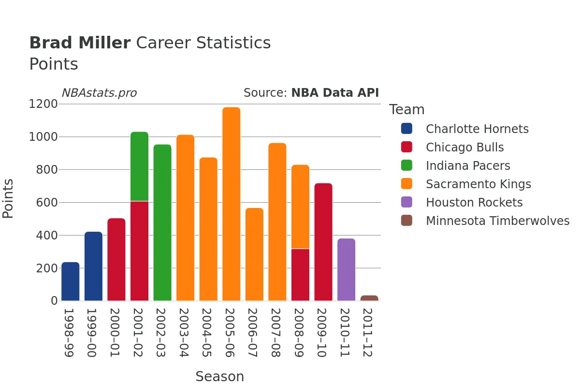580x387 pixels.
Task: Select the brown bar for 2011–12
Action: (369, 298)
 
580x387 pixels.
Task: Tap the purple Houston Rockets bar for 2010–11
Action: (346, 269)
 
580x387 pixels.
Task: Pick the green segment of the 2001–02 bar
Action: (139, 166)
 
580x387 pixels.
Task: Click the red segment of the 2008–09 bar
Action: (300, 275)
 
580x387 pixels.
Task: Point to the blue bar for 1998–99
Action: (71, 282)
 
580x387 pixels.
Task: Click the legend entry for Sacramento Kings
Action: (478, 184)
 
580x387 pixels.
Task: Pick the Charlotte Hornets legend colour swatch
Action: (407, 129)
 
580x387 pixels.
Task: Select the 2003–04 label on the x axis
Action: (185, 333)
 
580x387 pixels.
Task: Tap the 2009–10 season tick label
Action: (323, 333)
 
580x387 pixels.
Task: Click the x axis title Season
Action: (219, 376)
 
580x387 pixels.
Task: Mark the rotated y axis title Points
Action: (8, 198)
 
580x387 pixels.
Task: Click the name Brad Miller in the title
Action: (80, 43)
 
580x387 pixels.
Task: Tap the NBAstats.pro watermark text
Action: (99, 93)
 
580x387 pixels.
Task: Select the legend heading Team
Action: (406, 110)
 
